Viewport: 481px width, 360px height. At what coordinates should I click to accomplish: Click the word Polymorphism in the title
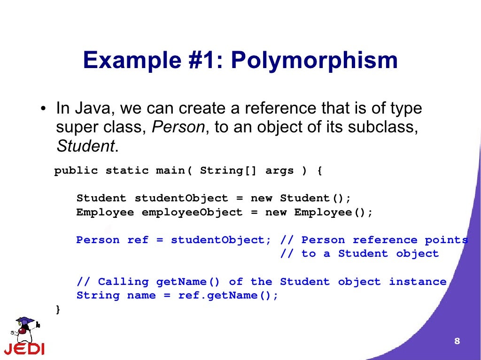314,61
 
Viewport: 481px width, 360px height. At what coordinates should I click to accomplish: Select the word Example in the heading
130,61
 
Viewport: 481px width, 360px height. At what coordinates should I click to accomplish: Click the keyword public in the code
76,171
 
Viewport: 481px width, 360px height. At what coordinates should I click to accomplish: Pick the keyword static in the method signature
127,171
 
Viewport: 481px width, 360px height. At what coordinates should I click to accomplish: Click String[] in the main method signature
228,171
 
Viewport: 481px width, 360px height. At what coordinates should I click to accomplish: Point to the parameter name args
280,171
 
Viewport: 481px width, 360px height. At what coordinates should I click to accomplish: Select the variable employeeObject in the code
192,212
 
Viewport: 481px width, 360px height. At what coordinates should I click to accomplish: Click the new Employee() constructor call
319,212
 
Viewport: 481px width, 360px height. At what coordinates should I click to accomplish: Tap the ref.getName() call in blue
228,295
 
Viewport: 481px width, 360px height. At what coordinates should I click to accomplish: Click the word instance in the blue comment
418,282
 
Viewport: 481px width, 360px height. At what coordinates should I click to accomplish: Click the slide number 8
457,341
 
